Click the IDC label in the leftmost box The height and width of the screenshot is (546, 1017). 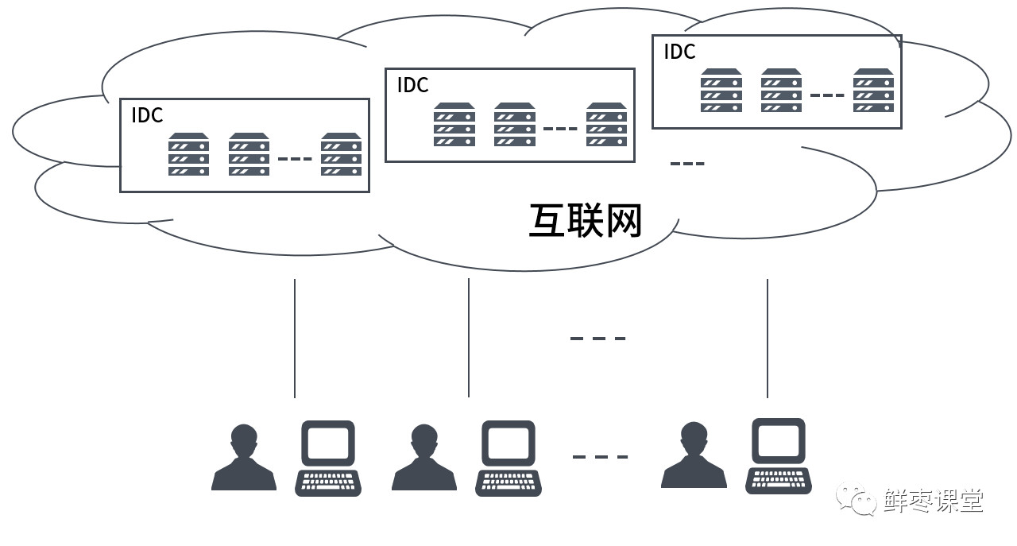click(147, 115)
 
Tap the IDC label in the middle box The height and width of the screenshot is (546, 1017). click(412, 85)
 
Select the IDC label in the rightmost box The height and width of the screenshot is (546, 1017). click(679, 52)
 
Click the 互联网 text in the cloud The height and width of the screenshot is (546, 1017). click(585, 220)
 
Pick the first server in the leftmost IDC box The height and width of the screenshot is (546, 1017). click(188, 154)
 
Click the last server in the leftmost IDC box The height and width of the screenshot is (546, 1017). click(341, 154)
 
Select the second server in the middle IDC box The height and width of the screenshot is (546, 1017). click(514, 124)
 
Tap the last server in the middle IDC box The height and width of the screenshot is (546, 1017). click(606, 124)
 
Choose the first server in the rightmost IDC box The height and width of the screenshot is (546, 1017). click(721, 90)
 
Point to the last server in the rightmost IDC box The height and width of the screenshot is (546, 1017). click(873, 90)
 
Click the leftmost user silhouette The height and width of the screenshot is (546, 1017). click(244, 459)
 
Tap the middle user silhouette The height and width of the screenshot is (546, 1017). click(424, 459)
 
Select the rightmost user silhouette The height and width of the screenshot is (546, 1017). click(694, 456)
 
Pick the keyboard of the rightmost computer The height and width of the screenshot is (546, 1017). click(778, 480)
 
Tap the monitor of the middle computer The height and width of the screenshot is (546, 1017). click(508, 442)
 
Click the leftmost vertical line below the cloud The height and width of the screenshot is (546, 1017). click(295, 338)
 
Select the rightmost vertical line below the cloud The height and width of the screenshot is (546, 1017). click(768, 338)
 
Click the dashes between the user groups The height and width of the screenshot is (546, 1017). click(600, 457)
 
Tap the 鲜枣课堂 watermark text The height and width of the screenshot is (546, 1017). click(933, 501)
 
